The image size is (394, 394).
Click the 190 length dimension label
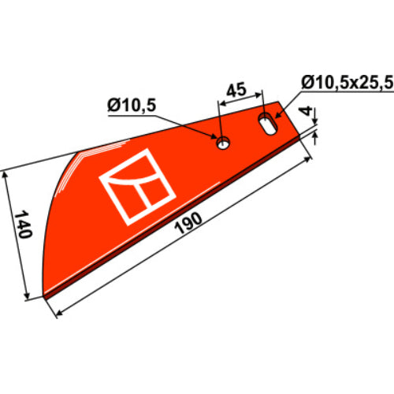coord(188,223)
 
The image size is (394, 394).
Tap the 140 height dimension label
coord(23,224)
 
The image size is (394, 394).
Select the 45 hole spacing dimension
coord(236,90)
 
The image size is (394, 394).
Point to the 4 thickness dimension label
coord(307,111)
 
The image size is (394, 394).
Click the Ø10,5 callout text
coord(132,106)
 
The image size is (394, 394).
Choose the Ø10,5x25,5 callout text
coord(348,83)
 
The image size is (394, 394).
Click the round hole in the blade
coord(223,143)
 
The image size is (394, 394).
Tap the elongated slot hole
coord(268,125)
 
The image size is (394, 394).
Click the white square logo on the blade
coord(137,187)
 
